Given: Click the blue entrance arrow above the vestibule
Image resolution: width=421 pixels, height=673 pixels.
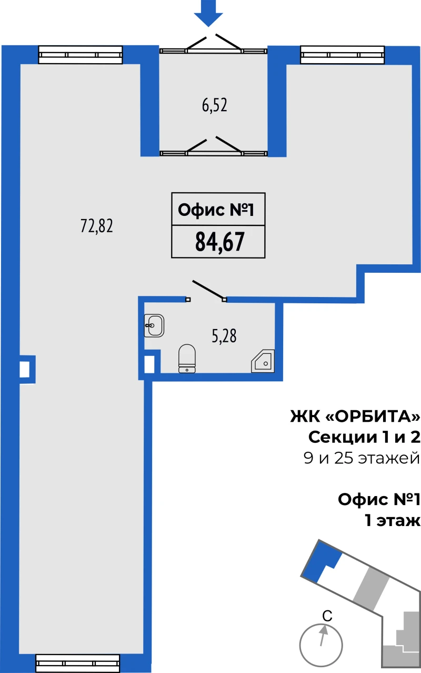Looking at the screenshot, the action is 208,14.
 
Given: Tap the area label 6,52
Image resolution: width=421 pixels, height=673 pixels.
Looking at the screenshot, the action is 214,105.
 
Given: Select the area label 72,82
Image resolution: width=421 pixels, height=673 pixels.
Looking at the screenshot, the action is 97,226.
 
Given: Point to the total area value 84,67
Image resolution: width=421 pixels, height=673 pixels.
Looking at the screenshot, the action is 219,242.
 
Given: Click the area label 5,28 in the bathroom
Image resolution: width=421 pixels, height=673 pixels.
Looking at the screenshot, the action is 224,336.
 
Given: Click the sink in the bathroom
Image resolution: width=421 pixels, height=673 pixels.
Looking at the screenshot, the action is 154,325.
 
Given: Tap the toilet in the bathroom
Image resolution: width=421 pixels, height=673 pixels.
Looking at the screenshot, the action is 187,359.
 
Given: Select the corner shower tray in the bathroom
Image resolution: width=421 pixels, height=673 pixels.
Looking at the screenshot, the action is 263,361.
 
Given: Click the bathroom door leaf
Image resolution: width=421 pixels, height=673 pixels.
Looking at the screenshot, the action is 209,290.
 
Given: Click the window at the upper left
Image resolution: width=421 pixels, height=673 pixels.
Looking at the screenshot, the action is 81,55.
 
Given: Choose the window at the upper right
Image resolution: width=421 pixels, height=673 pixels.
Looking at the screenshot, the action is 342,55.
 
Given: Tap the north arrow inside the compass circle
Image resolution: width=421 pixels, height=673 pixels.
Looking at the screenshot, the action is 323,635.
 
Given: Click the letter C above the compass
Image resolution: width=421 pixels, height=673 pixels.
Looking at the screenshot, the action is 327,616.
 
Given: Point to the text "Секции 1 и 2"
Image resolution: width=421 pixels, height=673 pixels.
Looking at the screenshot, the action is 364,438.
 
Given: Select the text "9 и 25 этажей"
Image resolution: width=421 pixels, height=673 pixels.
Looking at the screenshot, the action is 362,459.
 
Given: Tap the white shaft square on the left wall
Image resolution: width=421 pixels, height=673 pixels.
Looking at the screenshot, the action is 24,369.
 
